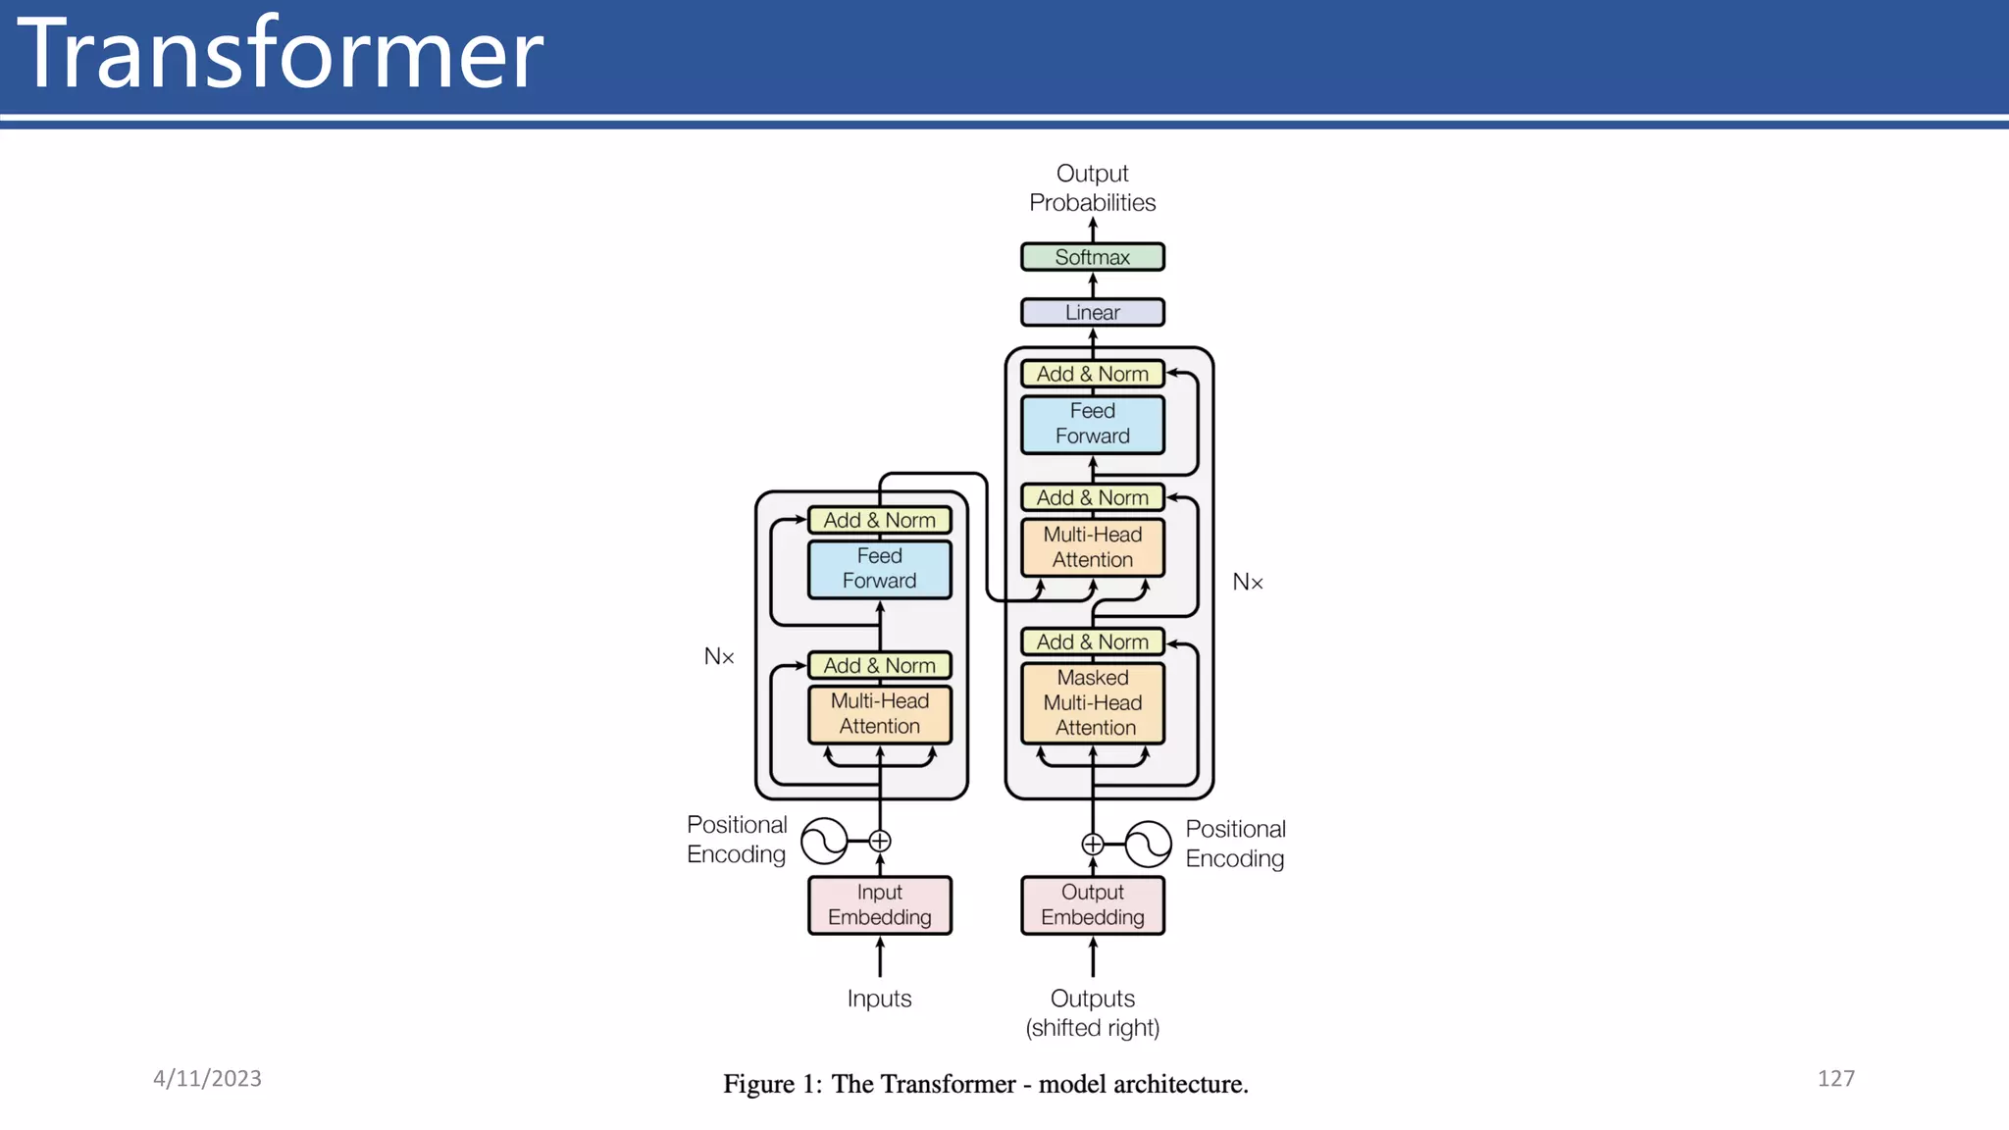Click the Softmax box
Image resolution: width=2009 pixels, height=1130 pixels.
pyautogui.click(x=1092, y=257)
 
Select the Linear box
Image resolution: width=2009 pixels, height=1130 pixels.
pyautogui.click(x=1092, y=312)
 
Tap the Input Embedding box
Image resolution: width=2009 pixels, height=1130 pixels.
pyautogui.click(x=879, y=904)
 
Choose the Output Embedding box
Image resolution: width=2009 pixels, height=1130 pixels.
pyautogui.click(x=1092, y=904)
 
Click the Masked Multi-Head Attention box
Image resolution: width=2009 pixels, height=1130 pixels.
pyautogui.click(x=1092, y=702)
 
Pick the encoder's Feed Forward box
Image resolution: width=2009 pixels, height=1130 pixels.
pyautogui.click(x=879, y=568)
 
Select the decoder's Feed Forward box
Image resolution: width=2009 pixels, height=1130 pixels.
pyautogui.click(x=1092, y=424)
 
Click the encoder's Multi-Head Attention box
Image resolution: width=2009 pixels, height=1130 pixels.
pyautogui.click(x=879, y=713)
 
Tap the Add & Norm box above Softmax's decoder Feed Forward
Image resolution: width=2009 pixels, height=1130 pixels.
pyautogui.click(x=1092, y=374)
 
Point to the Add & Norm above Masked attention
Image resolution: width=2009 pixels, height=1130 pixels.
pyautogui.click(x=1092, y=642)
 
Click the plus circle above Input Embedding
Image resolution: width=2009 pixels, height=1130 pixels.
pyautogui.click(x=880, y=841)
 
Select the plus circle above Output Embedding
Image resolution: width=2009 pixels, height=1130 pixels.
pyautogui.click(x=1092, y=844)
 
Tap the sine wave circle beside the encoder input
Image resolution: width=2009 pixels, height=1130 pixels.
pyautogui.click(x=824, y=841)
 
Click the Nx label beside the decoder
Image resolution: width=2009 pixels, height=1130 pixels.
pyautogui.click(x=1247, y=582)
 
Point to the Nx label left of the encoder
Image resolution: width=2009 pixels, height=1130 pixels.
pyautogui.click(x=719, y=656)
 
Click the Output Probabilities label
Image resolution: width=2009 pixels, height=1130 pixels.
pyautogui.click(x=1092, y=187)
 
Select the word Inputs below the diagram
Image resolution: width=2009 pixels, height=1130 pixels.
pyautogui.click(x=879, y=999)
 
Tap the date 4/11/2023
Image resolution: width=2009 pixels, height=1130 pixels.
pyautogui.click(x=207, y=1078)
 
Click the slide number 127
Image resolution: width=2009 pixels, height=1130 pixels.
pyautogui.click(x=1835, y=1078)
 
